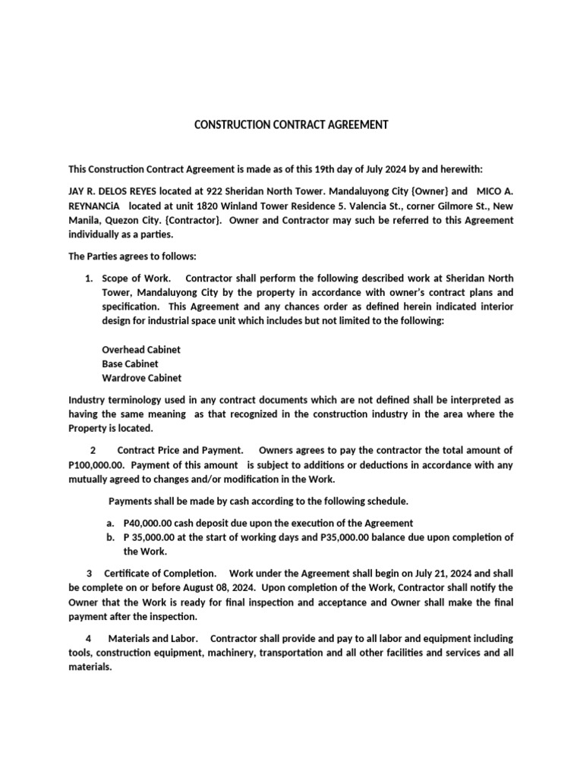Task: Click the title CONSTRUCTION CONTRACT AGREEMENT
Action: [x=291, y=124]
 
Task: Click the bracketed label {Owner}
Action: [x=425, y=191]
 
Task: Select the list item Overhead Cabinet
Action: [x=141, y=350]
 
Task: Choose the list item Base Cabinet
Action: [x=130, y=363]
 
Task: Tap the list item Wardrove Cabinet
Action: [x=141, y=378]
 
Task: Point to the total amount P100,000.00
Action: [x=96, y=465]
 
